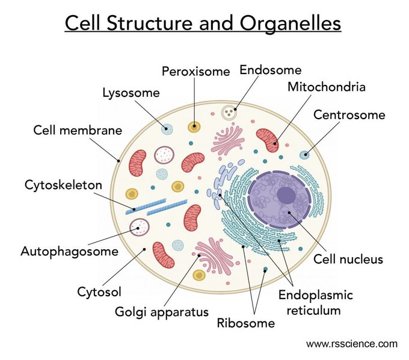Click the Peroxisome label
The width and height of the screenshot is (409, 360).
[x=195, y=72]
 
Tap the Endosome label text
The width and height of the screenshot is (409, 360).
[x=270, y=70]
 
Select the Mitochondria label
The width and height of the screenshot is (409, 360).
[x=326, y=87]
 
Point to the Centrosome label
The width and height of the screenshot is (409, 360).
[x=349, y=114]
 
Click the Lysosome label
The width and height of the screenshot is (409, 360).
[x=131, y=93]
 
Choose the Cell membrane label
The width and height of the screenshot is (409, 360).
[x=78, y=130]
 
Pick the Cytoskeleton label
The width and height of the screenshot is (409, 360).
[x=63, y=185]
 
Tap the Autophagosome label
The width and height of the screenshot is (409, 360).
[x=69, y=251]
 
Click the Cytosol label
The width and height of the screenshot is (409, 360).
[x=99, y=292]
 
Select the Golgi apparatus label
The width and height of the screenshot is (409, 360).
[x=161, y=312]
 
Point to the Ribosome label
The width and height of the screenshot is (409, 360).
[x=245, y=323]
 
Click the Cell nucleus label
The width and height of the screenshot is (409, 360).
[x=348, y=260]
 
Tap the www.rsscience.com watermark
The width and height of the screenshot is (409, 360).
[x=351, y=344]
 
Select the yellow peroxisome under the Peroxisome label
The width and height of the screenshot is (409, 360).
[x=194, y=126]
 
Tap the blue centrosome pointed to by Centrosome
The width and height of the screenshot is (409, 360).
[x=305, y=155]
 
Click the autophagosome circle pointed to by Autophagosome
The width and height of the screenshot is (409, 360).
[x=140, y=227]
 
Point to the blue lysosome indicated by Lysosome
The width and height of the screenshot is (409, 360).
[x=167, y=129]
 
